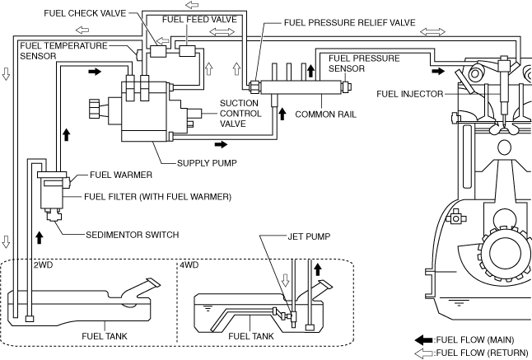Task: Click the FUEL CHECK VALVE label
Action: (x=85, y=13)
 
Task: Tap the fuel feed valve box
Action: (x=187, y=51)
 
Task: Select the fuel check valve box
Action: (x=158, y=51)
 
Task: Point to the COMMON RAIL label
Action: (x=326, y=115)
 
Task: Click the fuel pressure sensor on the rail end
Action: (x=346, y=86)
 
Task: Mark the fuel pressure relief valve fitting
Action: (x=254, y=86)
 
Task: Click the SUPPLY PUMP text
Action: (x=207, y=163)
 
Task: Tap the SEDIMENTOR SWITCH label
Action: (x=133, y=235)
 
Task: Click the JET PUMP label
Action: (x=309, y=236)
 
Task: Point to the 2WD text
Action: (x=43, y=264)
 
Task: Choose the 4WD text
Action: (x=189, y=264)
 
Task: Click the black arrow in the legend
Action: (x=424, y=340)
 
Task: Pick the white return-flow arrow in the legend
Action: (x=424, y=353)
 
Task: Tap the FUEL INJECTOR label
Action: (x=410, y=94)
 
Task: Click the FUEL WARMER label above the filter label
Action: (x=121, y=175)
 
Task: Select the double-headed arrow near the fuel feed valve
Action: (x=222, y=32)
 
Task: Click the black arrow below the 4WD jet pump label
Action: (x=318, y=269)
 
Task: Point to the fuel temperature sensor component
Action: (x=139, y=54)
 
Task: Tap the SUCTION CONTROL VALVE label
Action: (x=240, y=114)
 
